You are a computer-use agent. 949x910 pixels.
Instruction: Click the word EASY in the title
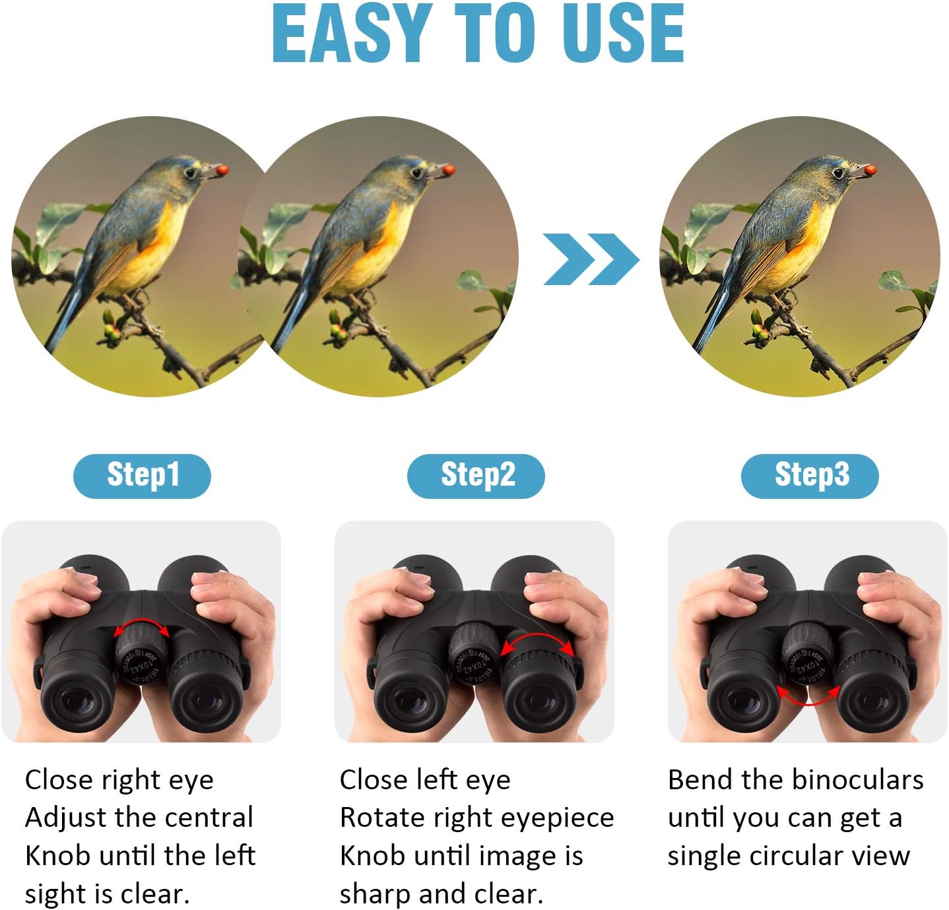click(x=352, y=33)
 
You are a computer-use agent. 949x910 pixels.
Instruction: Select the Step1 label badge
click(x=142, y=476)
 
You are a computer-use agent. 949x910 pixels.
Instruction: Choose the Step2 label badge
click(x=475, y=476)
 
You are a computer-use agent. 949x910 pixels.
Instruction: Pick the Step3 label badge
click(x=810, y=476)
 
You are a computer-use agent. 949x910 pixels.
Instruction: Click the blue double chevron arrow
click(x=591, y=259)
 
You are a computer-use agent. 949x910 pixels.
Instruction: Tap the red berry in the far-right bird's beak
click(x=870, y=170)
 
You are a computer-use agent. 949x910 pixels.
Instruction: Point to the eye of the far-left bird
click(x=190, y=173)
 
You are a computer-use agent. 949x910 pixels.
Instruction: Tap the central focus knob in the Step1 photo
click(x=141, y=655)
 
